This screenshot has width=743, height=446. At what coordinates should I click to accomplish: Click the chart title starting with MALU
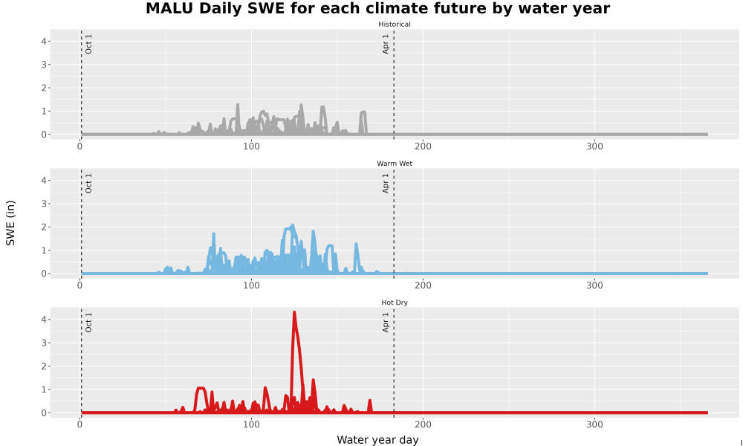(x=377, y=8)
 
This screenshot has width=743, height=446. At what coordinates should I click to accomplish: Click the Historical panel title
(x=395, y=25)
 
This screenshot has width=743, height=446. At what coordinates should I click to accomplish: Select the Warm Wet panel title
(x=395, y=164)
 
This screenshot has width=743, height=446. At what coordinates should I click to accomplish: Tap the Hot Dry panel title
(x=395, y=303)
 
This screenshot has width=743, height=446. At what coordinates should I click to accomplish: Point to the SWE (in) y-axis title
(x=10, y=223)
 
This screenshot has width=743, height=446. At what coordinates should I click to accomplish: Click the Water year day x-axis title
(x=377, y=440)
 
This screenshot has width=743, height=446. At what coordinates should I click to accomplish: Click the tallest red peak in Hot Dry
(x=294, y=312)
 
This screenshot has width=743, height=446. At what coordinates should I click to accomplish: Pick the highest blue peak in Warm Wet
(x=292, y=225)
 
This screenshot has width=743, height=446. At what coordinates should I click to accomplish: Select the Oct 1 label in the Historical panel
(x=88, y=44)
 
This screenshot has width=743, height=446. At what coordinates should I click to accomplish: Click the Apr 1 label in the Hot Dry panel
(x=385, y=323)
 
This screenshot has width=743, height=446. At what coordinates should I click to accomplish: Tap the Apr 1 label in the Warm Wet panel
(x=385, y=184)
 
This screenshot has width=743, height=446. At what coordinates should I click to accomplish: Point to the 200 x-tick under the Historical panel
(x=423, y=146)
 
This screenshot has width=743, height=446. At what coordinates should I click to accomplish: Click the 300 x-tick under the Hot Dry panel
(x=594, y=424)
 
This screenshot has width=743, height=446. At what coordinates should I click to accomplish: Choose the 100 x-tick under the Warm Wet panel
(x=251, y=285)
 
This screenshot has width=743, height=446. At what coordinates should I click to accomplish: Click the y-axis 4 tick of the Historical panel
(x=44, y=41)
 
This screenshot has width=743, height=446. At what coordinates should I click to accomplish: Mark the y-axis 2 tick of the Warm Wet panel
(x=44, y=227)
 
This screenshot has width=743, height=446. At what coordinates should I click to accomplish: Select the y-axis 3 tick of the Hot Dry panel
(x=44, y=343)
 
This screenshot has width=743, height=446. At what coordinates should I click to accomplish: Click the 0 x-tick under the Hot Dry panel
(x=80, y=424)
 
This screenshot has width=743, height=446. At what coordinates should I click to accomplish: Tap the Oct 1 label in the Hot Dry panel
(x=88, y=323)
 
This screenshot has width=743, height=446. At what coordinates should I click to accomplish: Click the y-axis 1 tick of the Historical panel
(x=44, y=111)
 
